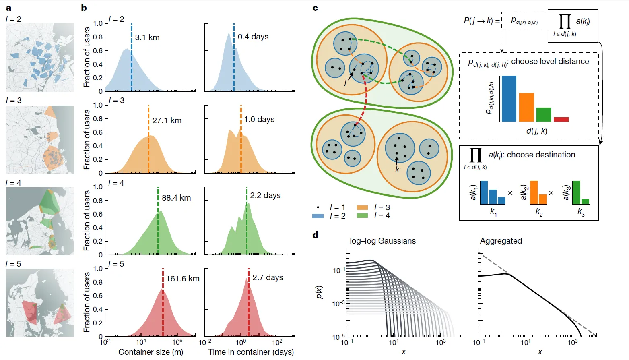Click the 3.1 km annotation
[147, 38]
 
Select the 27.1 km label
[167, 120]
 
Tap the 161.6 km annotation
[183, 279]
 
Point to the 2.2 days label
[265, 195]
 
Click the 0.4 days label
[253, 37]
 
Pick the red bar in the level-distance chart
[561, 119]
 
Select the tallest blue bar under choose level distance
[509, 99]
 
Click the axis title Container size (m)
[151, 352]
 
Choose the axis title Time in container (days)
[251, 352]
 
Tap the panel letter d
[316, 235]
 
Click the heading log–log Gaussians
[383, 241]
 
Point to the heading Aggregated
[501, 241]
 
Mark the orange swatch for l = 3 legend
[362, 207]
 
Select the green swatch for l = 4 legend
[362, 216]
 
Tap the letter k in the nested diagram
[397, 170]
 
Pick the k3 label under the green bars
[581, 212]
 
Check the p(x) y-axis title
[320, 292]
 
